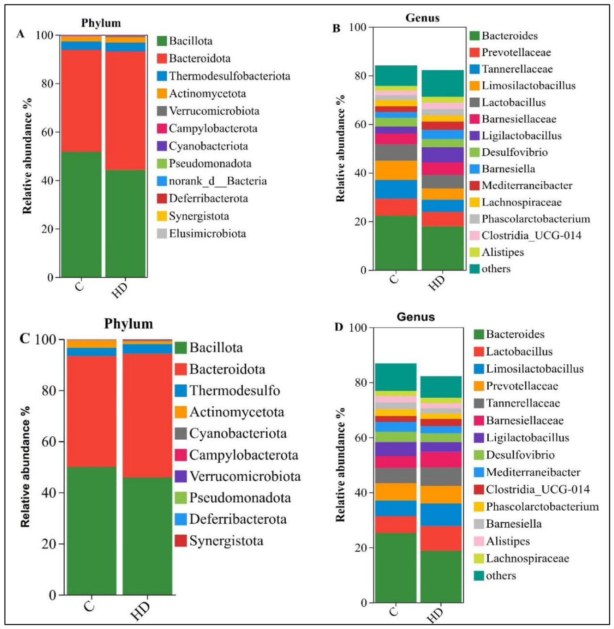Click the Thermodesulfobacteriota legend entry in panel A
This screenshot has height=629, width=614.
point(223,76)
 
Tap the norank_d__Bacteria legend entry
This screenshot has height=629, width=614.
point(212,181)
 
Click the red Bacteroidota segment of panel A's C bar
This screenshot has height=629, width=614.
point(81,101)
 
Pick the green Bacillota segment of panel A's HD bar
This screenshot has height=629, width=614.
point(126,223)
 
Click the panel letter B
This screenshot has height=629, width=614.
point(336,29)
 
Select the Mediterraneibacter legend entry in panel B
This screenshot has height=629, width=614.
point(520,186)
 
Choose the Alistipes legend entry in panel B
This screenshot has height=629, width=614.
point(496,252)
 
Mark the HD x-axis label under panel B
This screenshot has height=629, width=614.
point(437,283)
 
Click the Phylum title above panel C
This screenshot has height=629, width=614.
point(128,324)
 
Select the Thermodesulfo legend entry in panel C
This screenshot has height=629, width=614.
point(227,391)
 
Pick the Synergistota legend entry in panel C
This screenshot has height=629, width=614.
point(219,541)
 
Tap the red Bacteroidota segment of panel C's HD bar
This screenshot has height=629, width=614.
point(147,415)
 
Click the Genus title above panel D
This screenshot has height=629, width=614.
point(416,317)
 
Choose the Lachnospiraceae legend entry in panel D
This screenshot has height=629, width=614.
point(521,558)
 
